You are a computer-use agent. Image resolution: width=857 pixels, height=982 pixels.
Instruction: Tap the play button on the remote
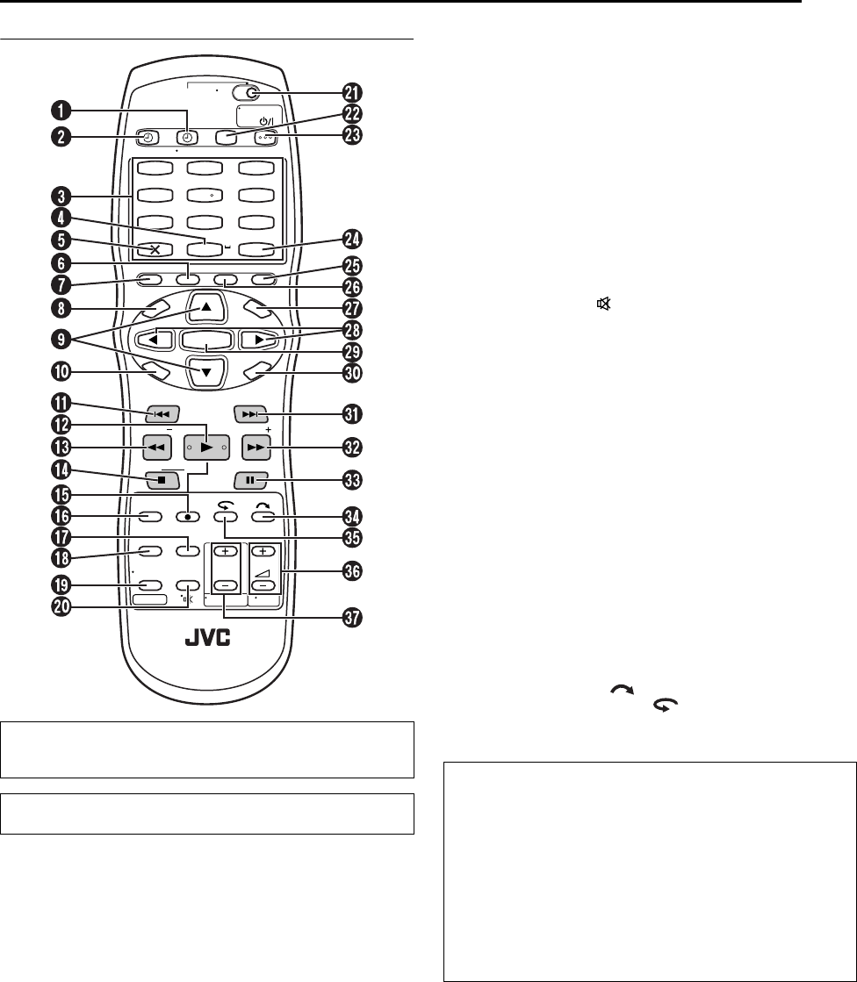point(205,447)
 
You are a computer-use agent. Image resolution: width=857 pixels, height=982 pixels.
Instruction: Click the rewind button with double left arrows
point(155,447)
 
